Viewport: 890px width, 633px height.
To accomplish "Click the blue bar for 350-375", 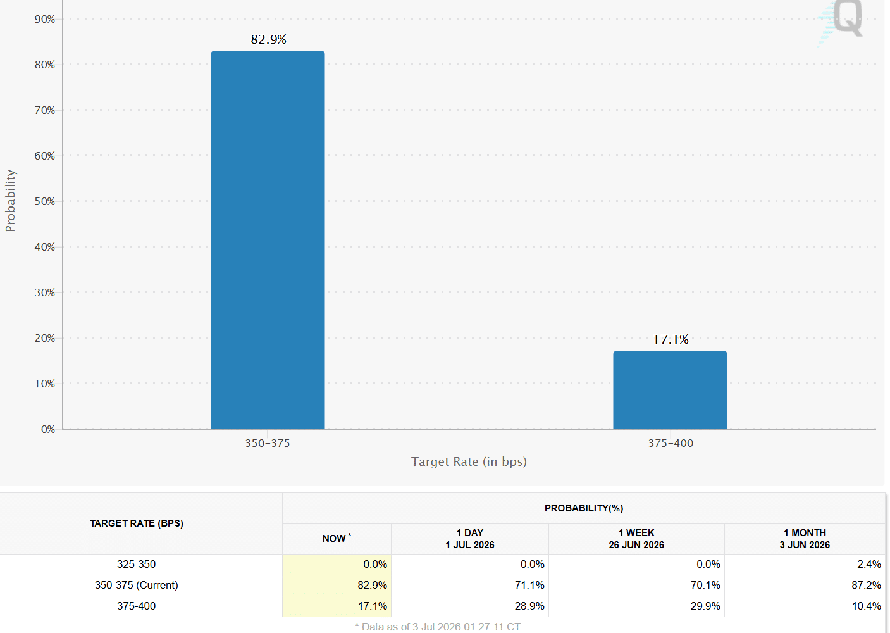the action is pos(268,240).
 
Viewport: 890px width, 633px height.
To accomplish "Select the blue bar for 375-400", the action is pos(670,390).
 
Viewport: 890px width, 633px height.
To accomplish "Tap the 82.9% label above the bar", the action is pos(269,39).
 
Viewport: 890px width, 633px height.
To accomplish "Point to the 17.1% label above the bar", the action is pos(671,339).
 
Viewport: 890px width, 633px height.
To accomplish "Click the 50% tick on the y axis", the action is pos(44,201).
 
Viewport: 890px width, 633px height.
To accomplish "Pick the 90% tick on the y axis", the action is pos(44,19).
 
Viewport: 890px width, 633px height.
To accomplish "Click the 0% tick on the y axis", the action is pos(47,429).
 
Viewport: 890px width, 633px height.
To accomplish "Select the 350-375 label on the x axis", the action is pos(268,443).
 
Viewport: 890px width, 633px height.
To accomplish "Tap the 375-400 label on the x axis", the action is pos(671,443).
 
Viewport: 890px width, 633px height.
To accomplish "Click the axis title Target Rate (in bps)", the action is pos(469,461).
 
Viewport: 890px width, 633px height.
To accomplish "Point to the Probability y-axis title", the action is pos(10,201).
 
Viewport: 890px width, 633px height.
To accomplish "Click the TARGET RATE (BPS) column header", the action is pos(137,523).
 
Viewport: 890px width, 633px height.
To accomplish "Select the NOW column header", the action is pos(337,539).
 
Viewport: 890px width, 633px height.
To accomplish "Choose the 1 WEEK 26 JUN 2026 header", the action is pos(636,539).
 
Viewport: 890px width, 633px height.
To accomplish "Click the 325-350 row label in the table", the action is pos(136,564).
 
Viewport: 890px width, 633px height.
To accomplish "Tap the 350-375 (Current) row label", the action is pos(136,586).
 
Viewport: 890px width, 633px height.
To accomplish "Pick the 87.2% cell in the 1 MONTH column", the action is pos(866,586).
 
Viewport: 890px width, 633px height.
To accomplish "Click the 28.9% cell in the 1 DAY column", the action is pos(529,606).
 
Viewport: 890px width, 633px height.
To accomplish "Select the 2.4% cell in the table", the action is pos(869,564).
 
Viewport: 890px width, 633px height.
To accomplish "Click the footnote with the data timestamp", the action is pos(438,627).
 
